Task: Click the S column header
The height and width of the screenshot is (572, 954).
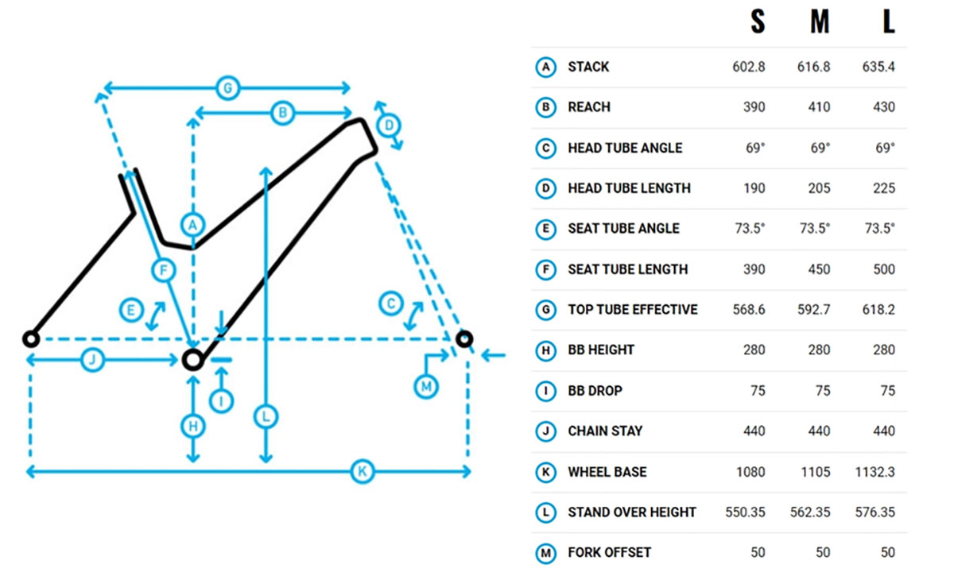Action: point(758,21)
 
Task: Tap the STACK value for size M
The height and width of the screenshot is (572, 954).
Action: point(813,67)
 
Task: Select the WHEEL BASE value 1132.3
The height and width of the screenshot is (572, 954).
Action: point(878,472)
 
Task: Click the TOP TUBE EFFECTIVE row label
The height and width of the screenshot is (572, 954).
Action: point(632,310)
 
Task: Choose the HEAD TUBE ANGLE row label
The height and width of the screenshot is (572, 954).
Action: point(625,148)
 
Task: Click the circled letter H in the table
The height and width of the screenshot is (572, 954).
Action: point(545,350)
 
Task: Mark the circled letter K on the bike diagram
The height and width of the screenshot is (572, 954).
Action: point(362,473)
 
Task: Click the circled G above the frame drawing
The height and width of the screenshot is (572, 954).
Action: point(227,87)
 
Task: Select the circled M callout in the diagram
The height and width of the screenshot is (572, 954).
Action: point(427,387)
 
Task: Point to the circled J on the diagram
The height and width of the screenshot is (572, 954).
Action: point(93,360)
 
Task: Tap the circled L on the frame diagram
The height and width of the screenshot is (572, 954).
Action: point(266,415)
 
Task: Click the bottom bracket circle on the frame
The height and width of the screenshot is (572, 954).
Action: point(192,360)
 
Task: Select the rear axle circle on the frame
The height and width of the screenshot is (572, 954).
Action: point(30,339)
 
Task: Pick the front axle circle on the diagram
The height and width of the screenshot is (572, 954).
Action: point(464,339)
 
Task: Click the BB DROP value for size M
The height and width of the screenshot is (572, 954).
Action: point(823,391)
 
